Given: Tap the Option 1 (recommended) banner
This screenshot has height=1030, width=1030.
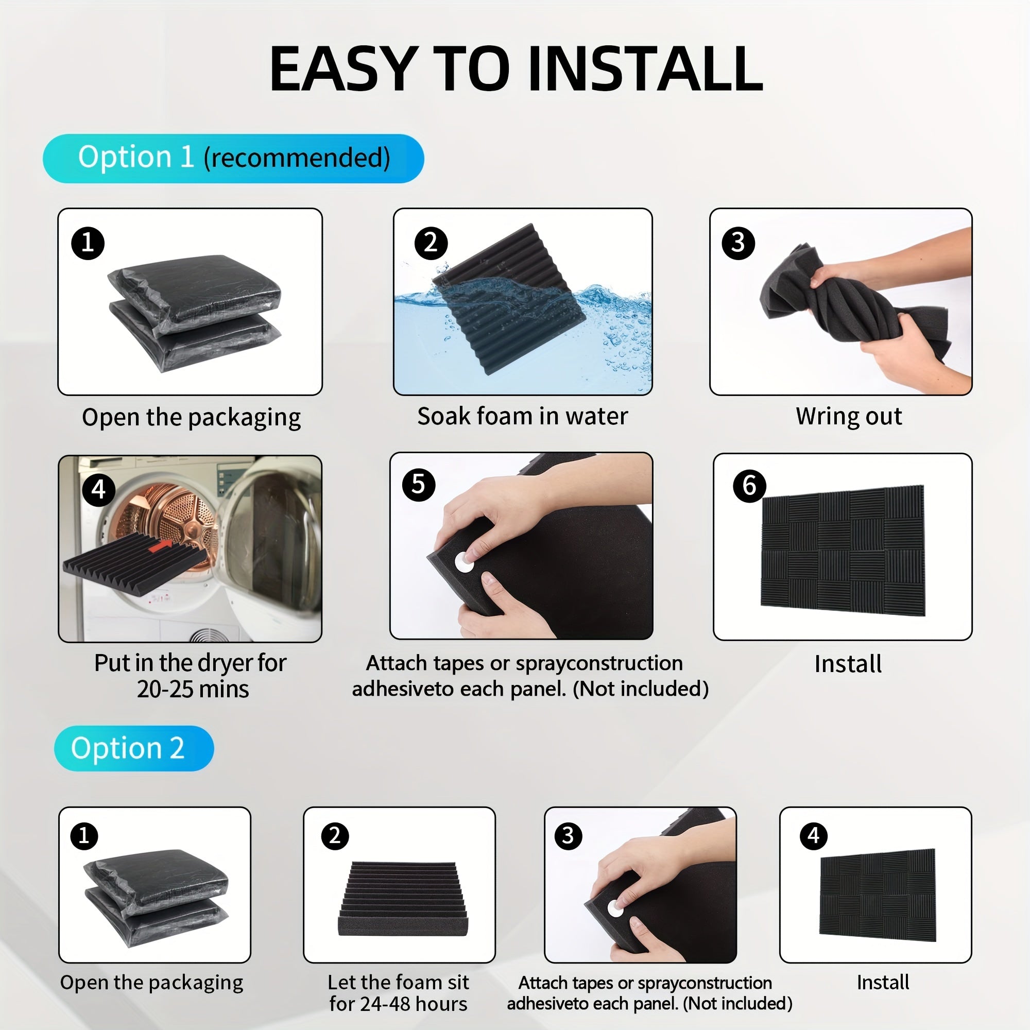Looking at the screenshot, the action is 233,158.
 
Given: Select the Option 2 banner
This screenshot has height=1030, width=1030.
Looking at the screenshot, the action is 134,748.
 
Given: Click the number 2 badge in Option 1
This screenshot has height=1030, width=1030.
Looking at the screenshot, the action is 431,243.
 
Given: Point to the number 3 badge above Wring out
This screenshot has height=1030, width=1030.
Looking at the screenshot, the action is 738,243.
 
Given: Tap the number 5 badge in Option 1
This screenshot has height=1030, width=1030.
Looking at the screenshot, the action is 419,485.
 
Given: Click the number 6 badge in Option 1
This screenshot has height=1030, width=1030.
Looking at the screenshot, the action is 749,486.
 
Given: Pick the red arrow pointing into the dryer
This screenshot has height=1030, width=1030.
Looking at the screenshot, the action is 161,545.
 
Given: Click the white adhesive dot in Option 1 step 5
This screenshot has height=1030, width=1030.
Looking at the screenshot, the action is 464,562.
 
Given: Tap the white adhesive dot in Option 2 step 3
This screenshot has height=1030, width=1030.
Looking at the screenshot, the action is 616,908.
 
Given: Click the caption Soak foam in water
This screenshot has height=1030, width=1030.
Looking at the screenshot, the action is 522,416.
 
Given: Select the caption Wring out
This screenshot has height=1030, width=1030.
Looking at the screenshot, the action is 849,416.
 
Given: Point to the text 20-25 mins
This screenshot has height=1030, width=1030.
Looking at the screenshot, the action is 193,689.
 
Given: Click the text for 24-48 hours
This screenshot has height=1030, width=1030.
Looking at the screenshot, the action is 398,1004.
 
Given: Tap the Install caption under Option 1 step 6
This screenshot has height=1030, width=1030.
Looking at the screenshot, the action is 848,664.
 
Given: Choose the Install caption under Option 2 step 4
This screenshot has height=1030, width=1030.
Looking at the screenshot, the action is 883,982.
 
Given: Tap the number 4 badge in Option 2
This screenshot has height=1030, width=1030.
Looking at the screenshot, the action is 814,835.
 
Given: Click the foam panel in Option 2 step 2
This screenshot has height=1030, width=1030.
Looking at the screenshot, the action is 403,899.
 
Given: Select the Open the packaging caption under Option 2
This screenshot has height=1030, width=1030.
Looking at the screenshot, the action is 151,983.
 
